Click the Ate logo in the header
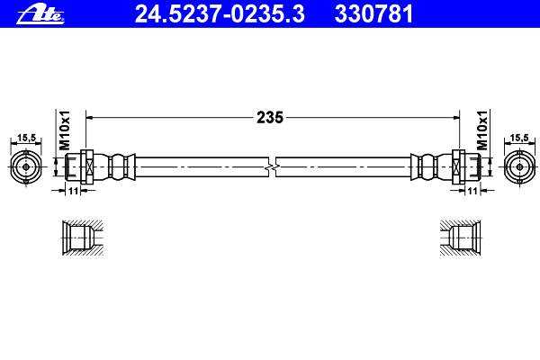tap(40, 14)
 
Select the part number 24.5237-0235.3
tap(220, 14)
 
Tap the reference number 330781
tap(373, 14)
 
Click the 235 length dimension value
tap(270, 118)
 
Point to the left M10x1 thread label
tap(65, 130)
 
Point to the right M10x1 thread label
tap(482, 130)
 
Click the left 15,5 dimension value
tap(26, 138)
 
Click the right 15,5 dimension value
tap(519, 138)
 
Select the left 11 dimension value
tap(74, 191)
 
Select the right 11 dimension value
tap(473, 191)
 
